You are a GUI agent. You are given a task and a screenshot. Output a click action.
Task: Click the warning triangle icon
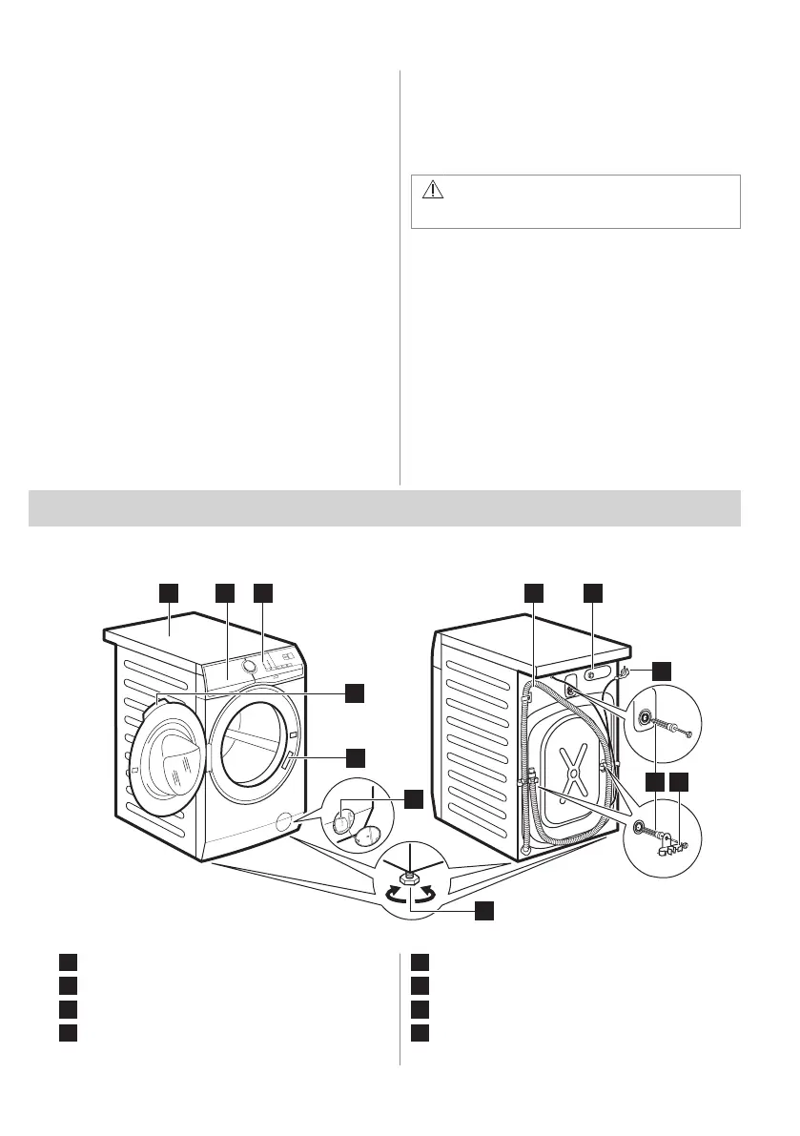[x=434, y=189]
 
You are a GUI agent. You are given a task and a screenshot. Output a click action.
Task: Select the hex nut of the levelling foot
[x=410, y=877]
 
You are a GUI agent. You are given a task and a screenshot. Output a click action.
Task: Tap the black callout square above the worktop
[x=169, y=592]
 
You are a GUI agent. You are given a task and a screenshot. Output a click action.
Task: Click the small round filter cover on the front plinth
[x=281, y=821]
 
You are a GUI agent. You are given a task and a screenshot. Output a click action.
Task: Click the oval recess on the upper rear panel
[x=591, y=671]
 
